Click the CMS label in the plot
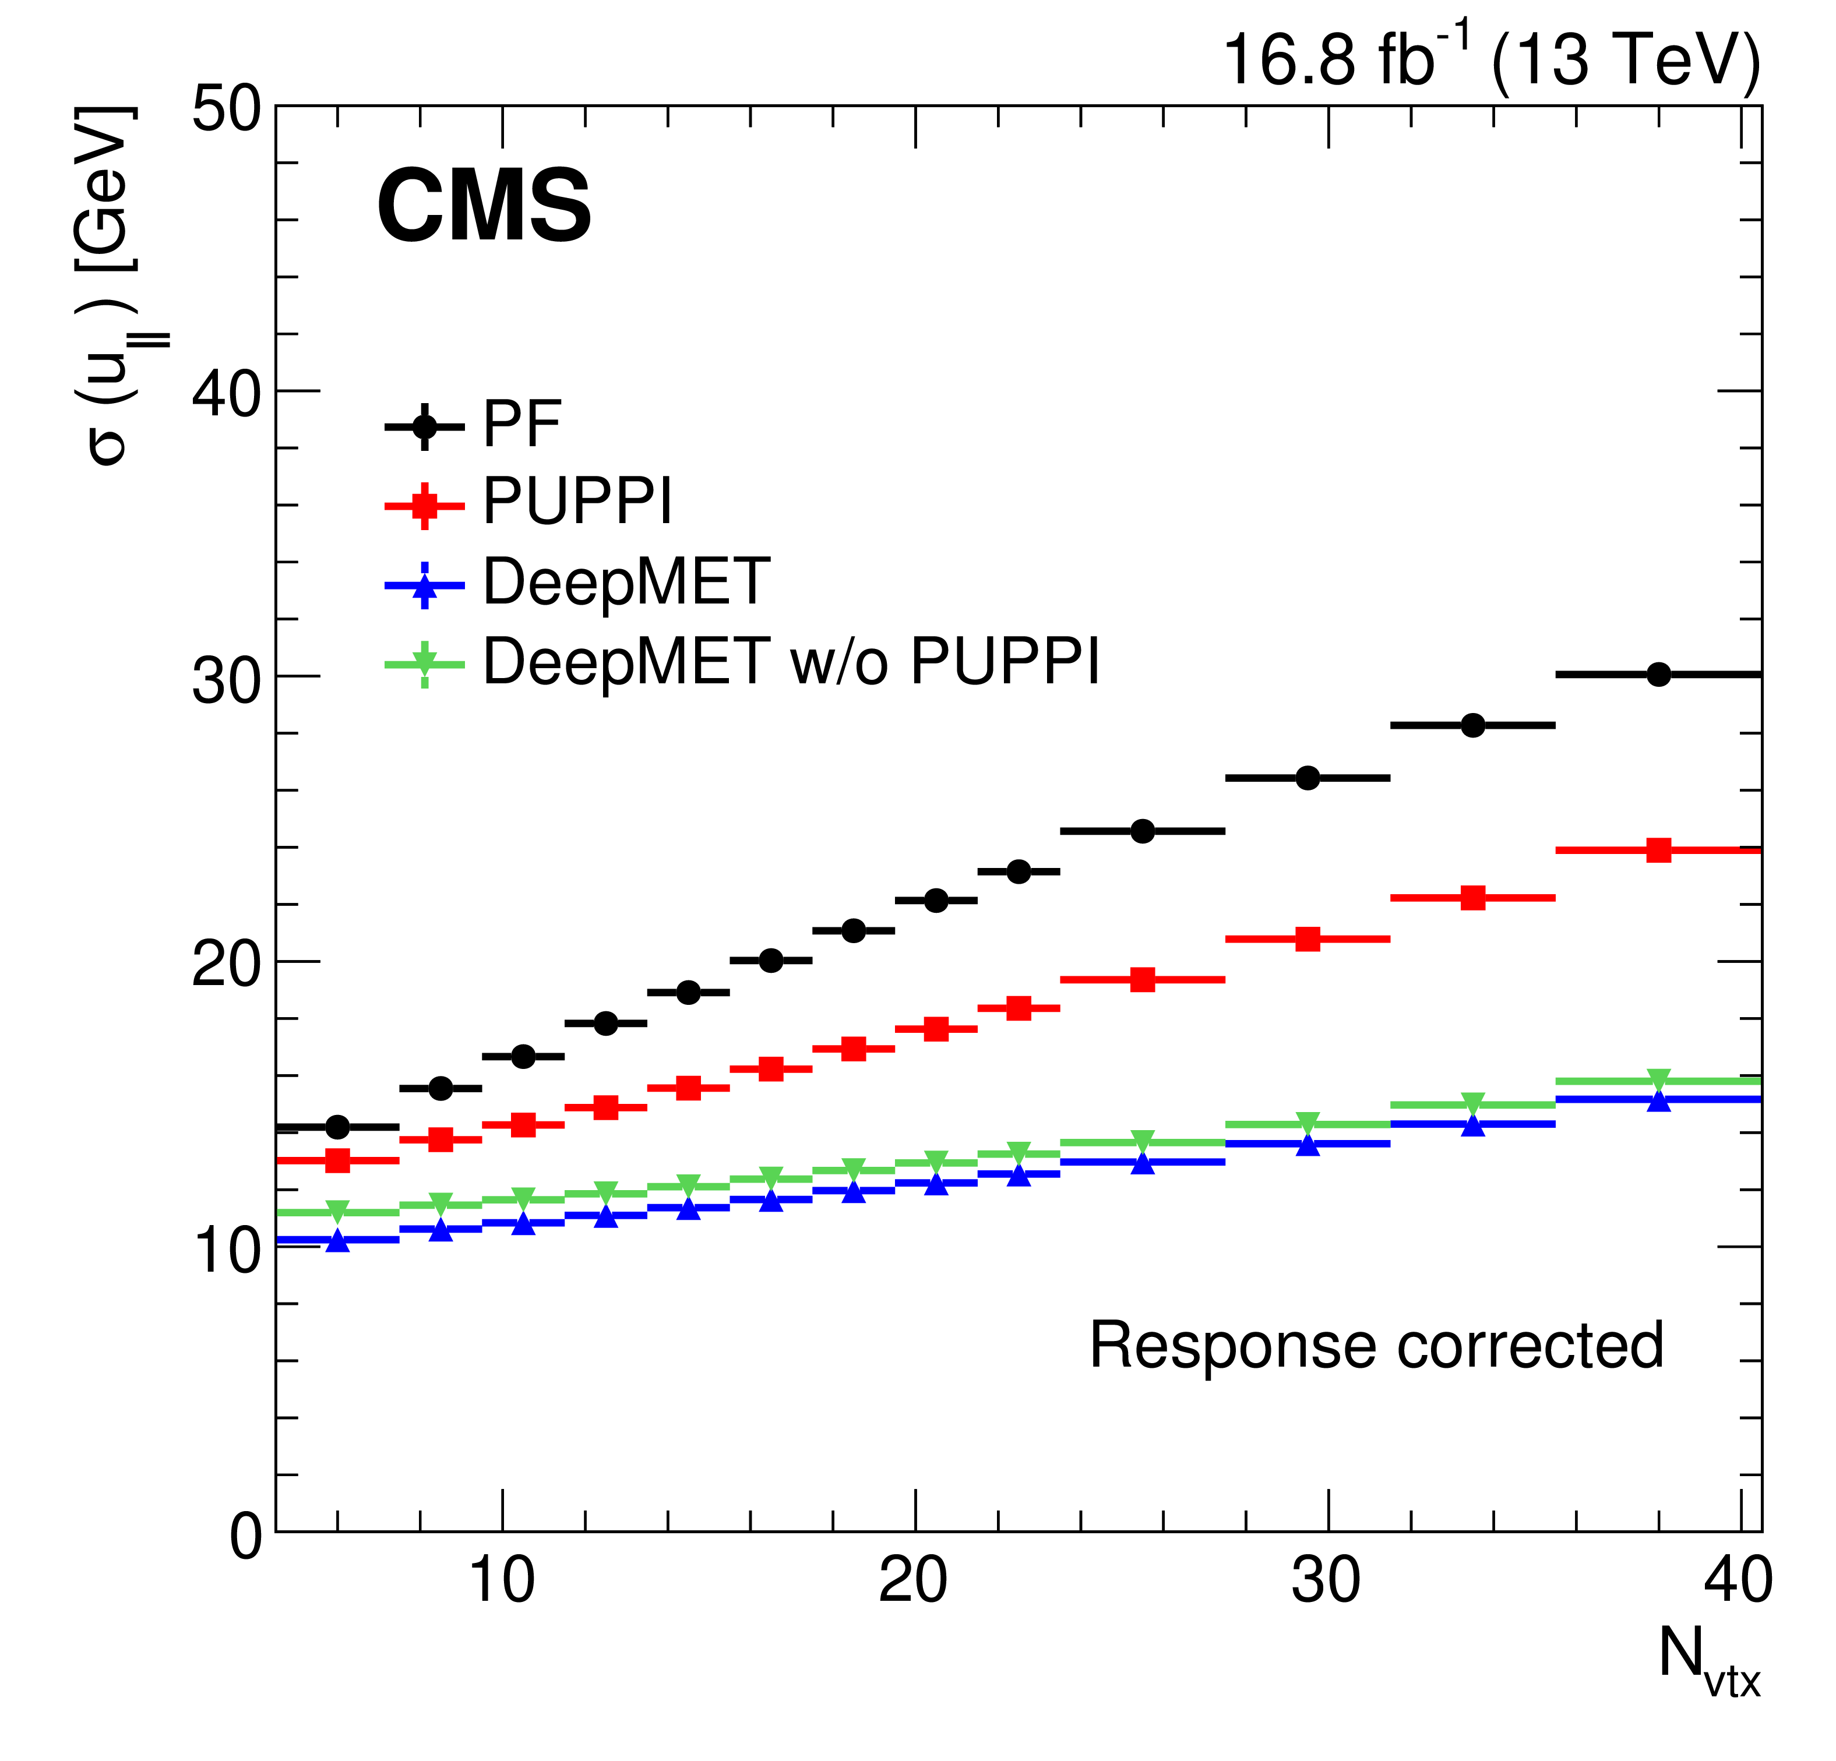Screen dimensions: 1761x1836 (x=484, y=207)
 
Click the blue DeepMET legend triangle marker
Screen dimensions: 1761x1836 (x=424, y=587)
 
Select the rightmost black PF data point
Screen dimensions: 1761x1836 (x=1658, y=675)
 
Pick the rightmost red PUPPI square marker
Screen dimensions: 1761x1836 (x=1658, y=850)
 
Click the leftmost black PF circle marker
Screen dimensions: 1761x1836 (x=337, y=1127)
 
